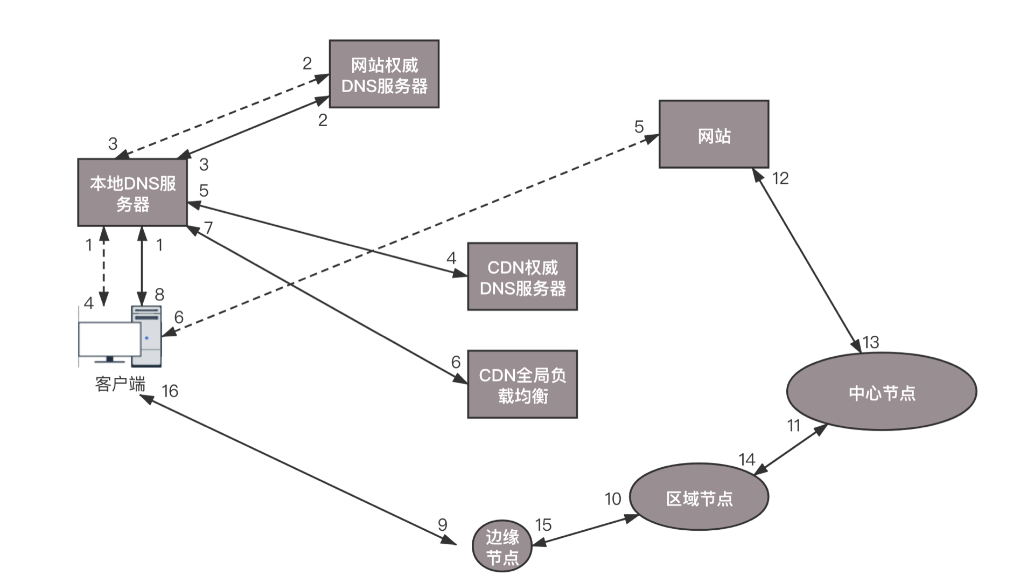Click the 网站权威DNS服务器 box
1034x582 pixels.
(384, 74)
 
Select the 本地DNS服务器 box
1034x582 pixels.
(132, 192)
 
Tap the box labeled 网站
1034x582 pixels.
(714, 134)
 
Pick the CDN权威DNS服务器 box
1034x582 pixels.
(522, 276)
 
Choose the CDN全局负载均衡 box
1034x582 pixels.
(522, 384)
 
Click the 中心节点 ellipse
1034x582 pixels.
(882, 392)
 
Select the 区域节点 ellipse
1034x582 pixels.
(699, 497)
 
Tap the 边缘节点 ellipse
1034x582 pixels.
(502, 546)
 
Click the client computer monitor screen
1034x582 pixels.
(109, 339)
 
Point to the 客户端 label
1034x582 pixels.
(120, 384)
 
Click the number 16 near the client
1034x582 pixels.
(170, 391)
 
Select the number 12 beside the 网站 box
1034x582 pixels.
(780, 178)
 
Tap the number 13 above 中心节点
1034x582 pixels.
(871, 342)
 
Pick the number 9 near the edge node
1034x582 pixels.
(442, 524)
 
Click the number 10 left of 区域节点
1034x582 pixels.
(613, 499)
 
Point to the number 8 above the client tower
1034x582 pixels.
(159, 294)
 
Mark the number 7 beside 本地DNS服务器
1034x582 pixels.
(208, 228)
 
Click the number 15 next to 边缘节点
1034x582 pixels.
(543, 525)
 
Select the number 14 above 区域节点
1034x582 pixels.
(746, 460)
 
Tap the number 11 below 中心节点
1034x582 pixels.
(793, 426)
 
